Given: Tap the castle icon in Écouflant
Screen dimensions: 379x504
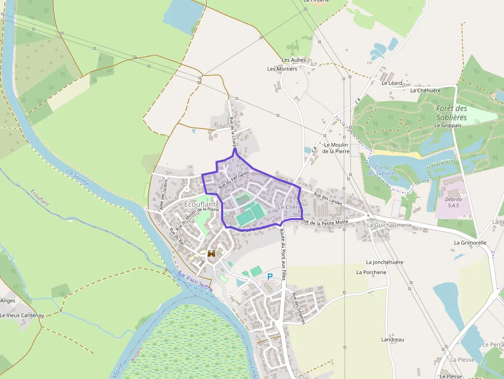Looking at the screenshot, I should (211, 254).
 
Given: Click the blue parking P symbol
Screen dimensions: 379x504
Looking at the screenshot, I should (269, 277).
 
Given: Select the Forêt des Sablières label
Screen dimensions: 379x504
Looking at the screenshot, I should (452, 113).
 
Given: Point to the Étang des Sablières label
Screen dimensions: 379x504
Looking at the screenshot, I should (382, 170).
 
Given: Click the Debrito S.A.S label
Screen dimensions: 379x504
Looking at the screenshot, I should (454, 202).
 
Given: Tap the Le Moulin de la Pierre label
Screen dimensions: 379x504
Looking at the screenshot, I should (336, 148).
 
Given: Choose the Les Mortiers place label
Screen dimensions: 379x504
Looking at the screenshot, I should (282, 69).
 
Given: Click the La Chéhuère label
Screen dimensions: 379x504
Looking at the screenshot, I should (425, 91).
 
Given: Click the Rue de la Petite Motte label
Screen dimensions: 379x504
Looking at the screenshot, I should (325, 222).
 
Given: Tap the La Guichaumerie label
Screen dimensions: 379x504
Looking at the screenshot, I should (389, 225).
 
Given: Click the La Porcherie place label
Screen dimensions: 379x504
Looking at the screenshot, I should (371, 272).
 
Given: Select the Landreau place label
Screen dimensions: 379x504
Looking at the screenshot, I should (392, 340).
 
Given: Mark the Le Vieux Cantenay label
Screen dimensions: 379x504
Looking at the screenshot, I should (22, 315).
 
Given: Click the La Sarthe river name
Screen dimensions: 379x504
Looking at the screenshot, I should (78, 181).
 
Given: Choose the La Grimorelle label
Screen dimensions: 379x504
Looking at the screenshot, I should (470, 242).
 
